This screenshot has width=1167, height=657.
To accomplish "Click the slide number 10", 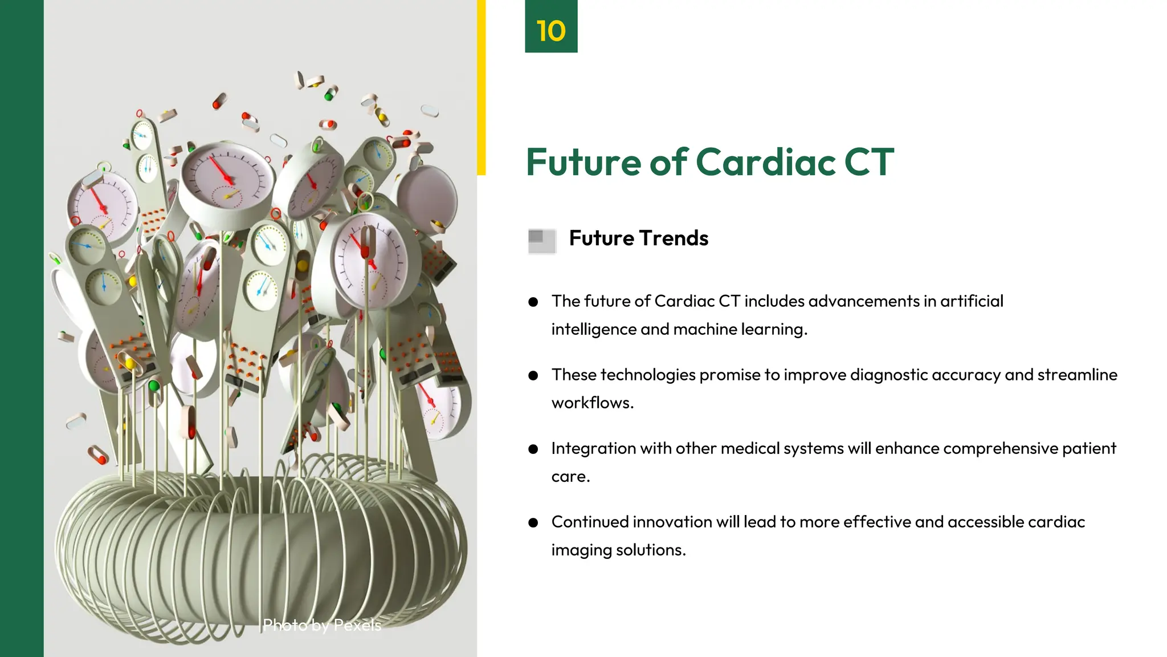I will (550, 30).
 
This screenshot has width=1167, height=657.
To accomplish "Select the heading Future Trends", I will (638, 238).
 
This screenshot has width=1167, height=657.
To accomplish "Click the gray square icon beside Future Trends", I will (541, 241).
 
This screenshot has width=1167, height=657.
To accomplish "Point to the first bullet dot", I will (533, 302).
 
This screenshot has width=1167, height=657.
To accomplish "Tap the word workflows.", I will (592, 403).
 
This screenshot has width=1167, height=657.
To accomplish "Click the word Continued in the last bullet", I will (589, 522).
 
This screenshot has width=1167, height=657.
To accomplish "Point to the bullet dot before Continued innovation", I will (533, 522).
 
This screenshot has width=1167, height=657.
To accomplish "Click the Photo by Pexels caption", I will (321, 625).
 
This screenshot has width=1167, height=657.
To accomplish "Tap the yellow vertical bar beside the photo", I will (482, 86).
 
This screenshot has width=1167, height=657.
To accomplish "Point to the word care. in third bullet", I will (570, 477).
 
